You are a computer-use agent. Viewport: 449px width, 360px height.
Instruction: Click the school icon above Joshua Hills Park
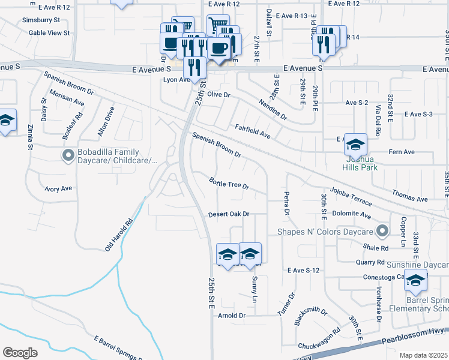pos(355,145)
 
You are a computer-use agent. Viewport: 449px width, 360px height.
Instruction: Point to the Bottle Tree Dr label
pos(229,182)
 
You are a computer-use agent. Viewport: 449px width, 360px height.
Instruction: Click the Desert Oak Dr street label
pos(228,214)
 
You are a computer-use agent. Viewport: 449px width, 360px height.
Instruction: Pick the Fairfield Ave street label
pos(252,132)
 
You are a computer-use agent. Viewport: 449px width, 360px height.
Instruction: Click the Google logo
pos(20,352)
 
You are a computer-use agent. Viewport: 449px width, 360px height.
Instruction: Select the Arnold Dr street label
pos(232,316)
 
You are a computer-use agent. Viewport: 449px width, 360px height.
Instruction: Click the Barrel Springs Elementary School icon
pos(415,281)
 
